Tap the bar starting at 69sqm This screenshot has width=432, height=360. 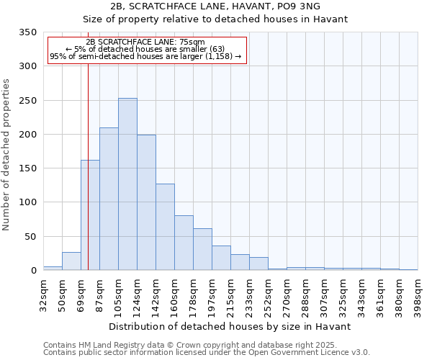coord(90,215)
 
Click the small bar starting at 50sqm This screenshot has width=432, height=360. coord(71,261)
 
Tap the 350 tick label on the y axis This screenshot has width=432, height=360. coord(28,32)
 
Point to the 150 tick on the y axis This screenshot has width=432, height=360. coord(28,168)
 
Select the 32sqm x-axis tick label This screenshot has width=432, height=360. coord(43,294)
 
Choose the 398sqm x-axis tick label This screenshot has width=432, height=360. coord(418,294)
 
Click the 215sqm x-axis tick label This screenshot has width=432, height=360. coord(231,294)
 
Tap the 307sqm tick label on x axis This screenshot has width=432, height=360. coord(325,294)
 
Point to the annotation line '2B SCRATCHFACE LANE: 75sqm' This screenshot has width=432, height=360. coord(145,42)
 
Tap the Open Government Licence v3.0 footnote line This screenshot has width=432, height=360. coord(207,352)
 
